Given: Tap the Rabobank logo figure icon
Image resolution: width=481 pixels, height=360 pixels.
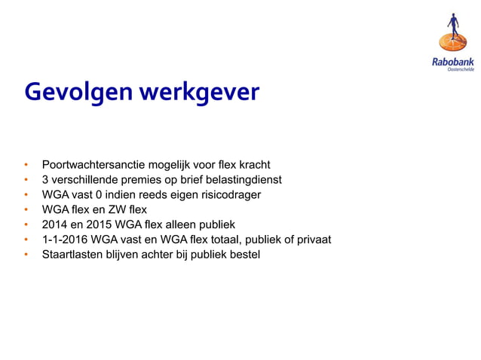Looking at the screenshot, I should pyautogui.click(x=453, y=33).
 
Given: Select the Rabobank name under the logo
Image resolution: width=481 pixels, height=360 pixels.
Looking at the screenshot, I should pyautogui.click(x=453, y=62).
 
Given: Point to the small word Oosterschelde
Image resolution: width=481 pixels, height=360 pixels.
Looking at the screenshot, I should pyautogui.click(x=461, y=69).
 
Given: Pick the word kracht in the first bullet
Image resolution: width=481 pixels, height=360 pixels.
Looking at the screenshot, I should pyautogui.click(x=254, y=165).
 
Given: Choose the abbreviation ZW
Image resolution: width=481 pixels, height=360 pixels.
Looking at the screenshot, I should pyautogui.click(x=117, y=210).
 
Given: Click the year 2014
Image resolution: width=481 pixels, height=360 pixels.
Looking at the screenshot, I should pyautogui.click(x=55, y=225).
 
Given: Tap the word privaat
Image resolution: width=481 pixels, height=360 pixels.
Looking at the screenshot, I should pyautogui.click(x=312, y=240).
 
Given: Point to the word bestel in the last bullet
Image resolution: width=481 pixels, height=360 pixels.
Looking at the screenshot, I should pyautogui.click(x=243, y=255).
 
